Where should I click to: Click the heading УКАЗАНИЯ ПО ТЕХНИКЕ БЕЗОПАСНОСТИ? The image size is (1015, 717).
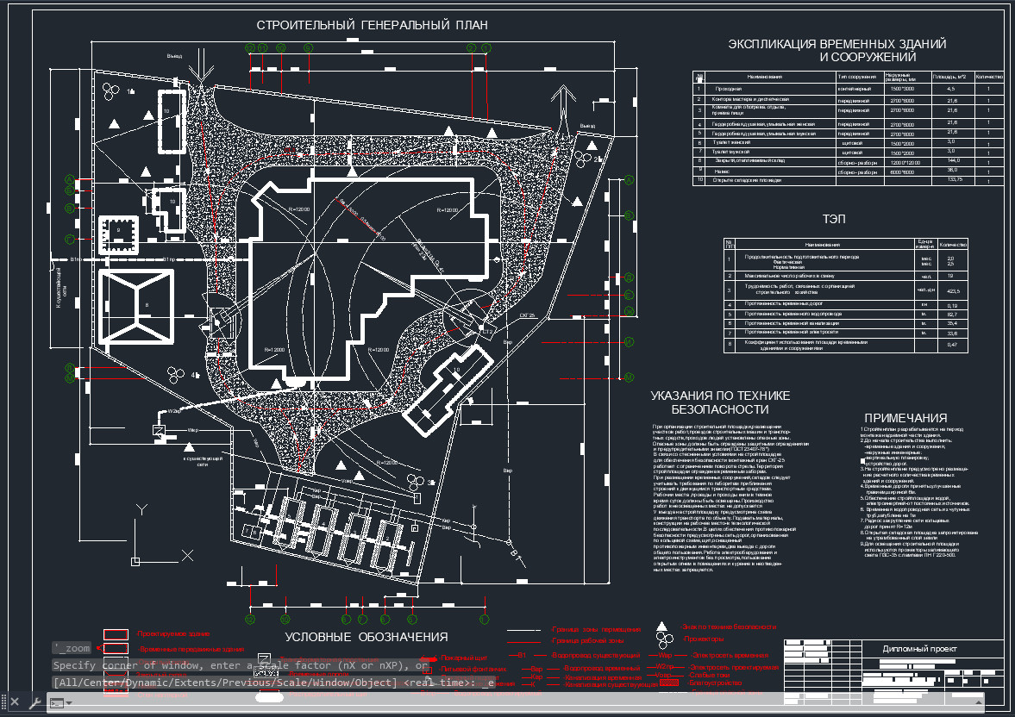720,402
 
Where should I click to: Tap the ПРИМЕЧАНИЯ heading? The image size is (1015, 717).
905,418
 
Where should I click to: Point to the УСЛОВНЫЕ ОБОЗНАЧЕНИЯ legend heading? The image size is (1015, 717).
367,637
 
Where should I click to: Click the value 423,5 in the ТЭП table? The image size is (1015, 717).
952,290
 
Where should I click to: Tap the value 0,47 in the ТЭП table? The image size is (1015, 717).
952,345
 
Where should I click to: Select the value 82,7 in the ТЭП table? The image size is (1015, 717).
952,315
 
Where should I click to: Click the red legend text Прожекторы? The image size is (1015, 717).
703,639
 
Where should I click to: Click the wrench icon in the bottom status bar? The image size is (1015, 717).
34,703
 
